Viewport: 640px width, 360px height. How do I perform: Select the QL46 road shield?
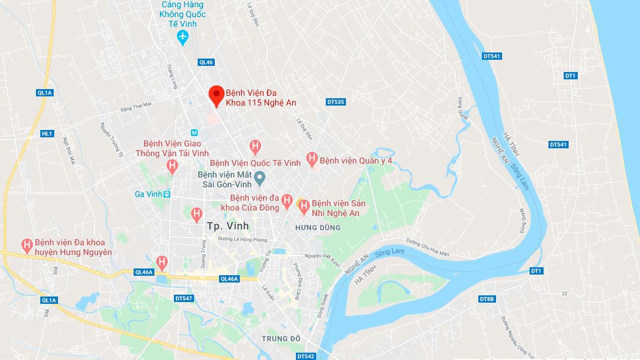206,62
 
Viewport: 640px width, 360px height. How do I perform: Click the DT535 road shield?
336,102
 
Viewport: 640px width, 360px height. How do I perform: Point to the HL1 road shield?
47,134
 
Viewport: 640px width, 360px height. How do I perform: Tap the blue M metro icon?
195,132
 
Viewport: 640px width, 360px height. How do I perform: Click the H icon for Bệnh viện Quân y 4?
312,160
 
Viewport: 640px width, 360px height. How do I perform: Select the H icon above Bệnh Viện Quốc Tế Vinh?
256,147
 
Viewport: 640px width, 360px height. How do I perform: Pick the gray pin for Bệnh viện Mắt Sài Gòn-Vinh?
259,179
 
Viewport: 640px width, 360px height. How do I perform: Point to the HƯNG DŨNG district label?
317,228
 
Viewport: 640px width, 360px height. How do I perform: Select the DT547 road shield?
184,298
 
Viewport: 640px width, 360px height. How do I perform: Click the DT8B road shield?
486,299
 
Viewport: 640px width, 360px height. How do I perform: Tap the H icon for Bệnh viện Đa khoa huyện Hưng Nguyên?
27,246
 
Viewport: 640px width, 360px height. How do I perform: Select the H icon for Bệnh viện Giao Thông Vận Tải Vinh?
172,165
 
